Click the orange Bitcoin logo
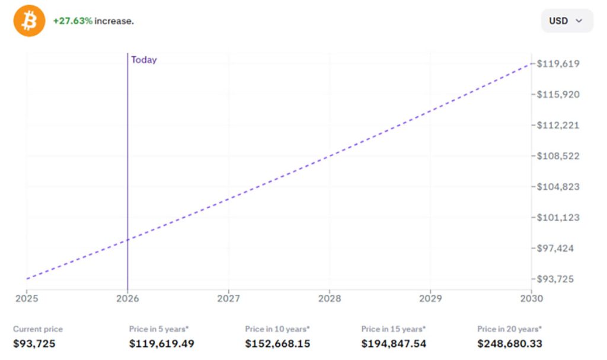[x=29, y=21]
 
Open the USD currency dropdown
[x=566, y=21]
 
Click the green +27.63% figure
[x=72, y=21]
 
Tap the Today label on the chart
[x=143, y=60]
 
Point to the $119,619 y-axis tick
[x=558, y=63]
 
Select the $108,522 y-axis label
[x=558, y=156]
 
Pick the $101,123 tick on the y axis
[x=558, y=217]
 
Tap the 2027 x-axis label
[x=229, y=298]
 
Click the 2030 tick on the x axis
[x=531, y=298]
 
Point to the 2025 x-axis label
[x=27, y=298]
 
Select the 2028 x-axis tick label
[x=330, y=298]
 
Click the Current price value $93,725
[x=34, y=343]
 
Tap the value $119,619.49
[x=161, y=343]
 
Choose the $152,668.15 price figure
[x=277, y=343]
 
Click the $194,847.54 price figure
[x=394, y=343]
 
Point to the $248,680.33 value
[x=510, y=343]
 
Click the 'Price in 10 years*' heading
[x=277, y=329]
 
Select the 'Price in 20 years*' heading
[x=510, y=329]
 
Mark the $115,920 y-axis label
[x=558, y=94]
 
